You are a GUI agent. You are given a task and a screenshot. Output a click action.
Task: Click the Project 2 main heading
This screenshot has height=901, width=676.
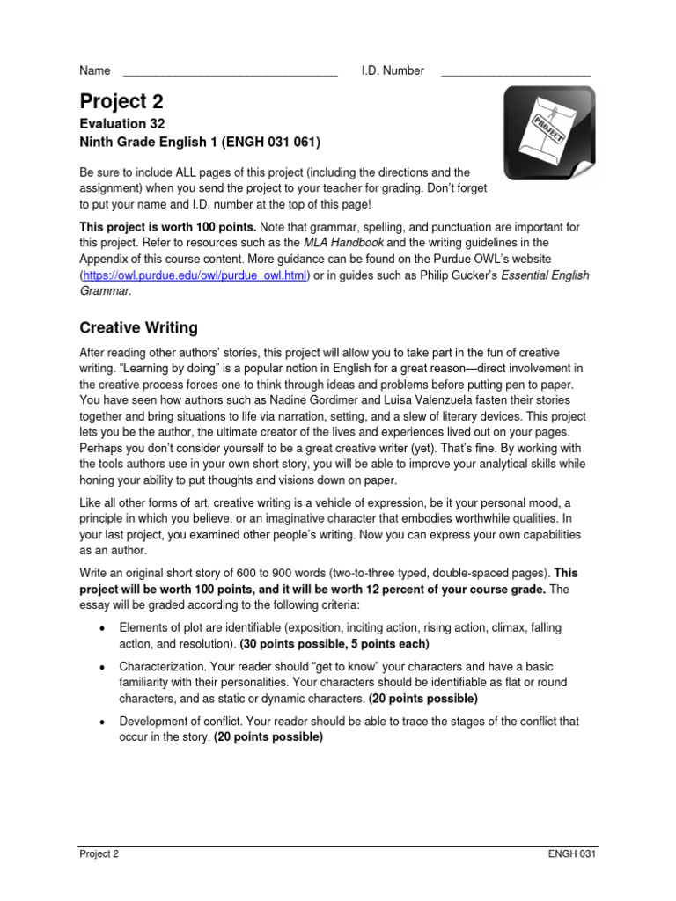(x=121, y=101)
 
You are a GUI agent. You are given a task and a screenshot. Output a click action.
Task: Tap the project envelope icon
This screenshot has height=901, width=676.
(x=548, y=133)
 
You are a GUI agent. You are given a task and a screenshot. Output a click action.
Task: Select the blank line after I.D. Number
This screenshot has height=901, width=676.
(x=515, y=71)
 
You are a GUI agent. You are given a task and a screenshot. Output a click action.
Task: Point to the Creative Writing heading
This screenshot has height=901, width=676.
(x=138, y=328)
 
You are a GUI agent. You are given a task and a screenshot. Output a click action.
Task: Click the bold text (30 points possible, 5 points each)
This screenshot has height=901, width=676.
(x=334, y=643)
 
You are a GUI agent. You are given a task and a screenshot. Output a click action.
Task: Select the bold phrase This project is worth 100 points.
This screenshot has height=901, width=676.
(x=168, y=227)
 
